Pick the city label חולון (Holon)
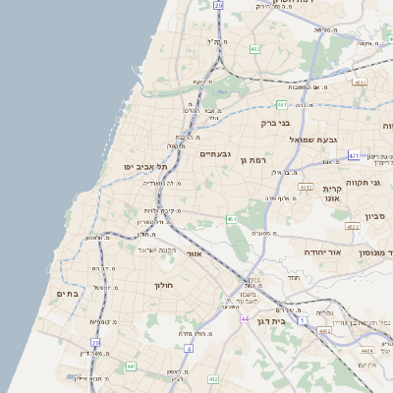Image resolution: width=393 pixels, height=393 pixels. coord(162,285)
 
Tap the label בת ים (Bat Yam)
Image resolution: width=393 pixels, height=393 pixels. coord(67,293)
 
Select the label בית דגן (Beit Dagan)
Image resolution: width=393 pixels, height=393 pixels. coord(283,320)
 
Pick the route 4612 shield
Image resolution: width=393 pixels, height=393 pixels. coord(306,187)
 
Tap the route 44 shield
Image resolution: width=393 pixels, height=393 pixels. coord(243,318)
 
